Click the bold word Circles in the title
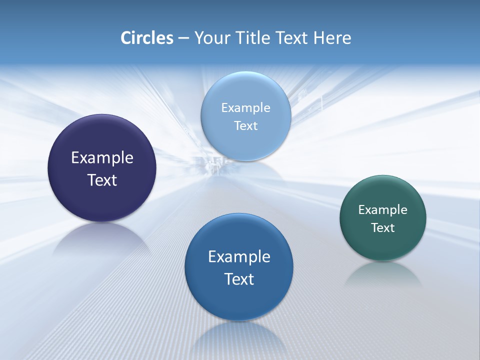146,38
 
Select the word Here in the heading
332,38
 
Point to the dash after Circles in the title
183,38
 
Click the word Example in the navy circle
102,158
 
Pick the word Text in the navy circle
102,180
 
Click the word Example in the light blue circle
245,107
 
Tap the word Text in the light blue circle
245,125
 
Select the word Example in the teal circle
382,209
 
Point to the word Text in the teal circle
383,227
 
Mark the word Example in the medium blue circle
239,256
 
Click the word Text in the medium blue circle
239,278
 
